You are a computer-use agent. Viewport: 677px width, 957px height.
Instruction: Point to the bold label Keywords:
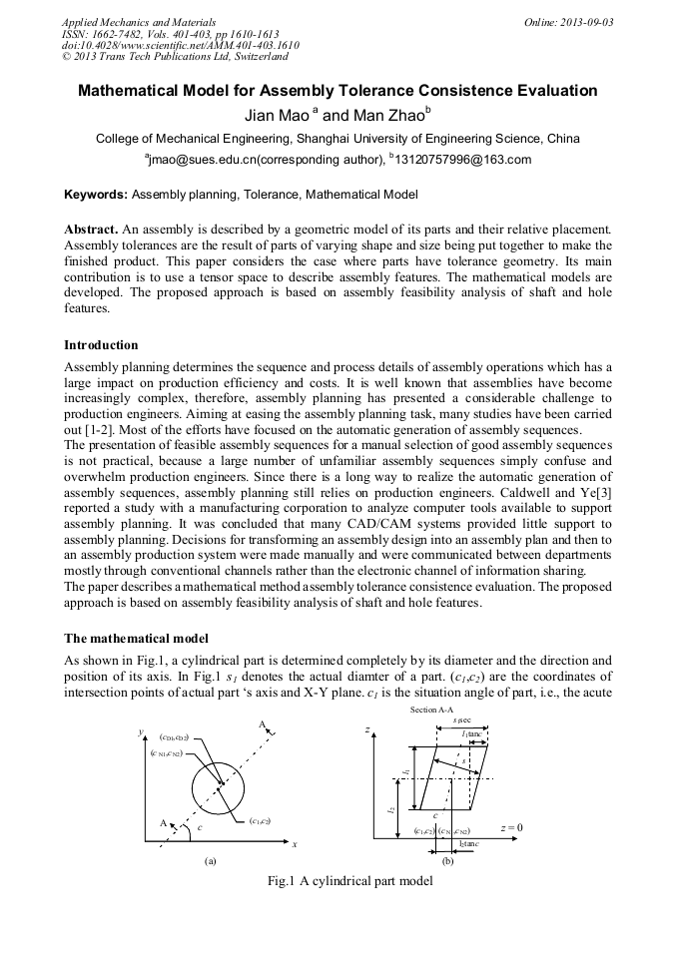(x=96, y=194)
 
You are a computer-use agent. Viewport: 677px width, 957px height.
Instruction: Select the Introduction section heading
(x=102, y=344)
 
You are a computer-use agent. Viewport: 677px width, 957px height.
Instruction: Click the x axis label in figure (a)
(x=296, y=844)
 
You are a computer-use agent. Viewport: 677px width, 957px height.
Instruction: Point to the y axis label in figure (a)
(x=141, y=733)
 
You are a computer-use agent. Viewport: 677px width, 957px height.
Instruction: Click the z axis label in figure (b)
(x=368, y=730)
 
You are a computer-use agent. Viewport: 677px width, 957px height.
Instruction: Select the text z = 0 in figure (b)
(x=511, y=828)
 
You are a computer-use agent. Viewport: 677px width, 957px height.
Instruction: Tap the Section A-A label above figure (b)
(x=431, y=709)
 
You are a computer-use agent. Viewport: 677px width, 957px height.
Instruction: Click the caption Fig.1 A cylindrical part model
(x=338, y=881)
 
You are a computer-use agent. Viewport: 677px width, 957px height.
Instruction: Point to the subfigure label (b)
(x=447, y=859)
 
